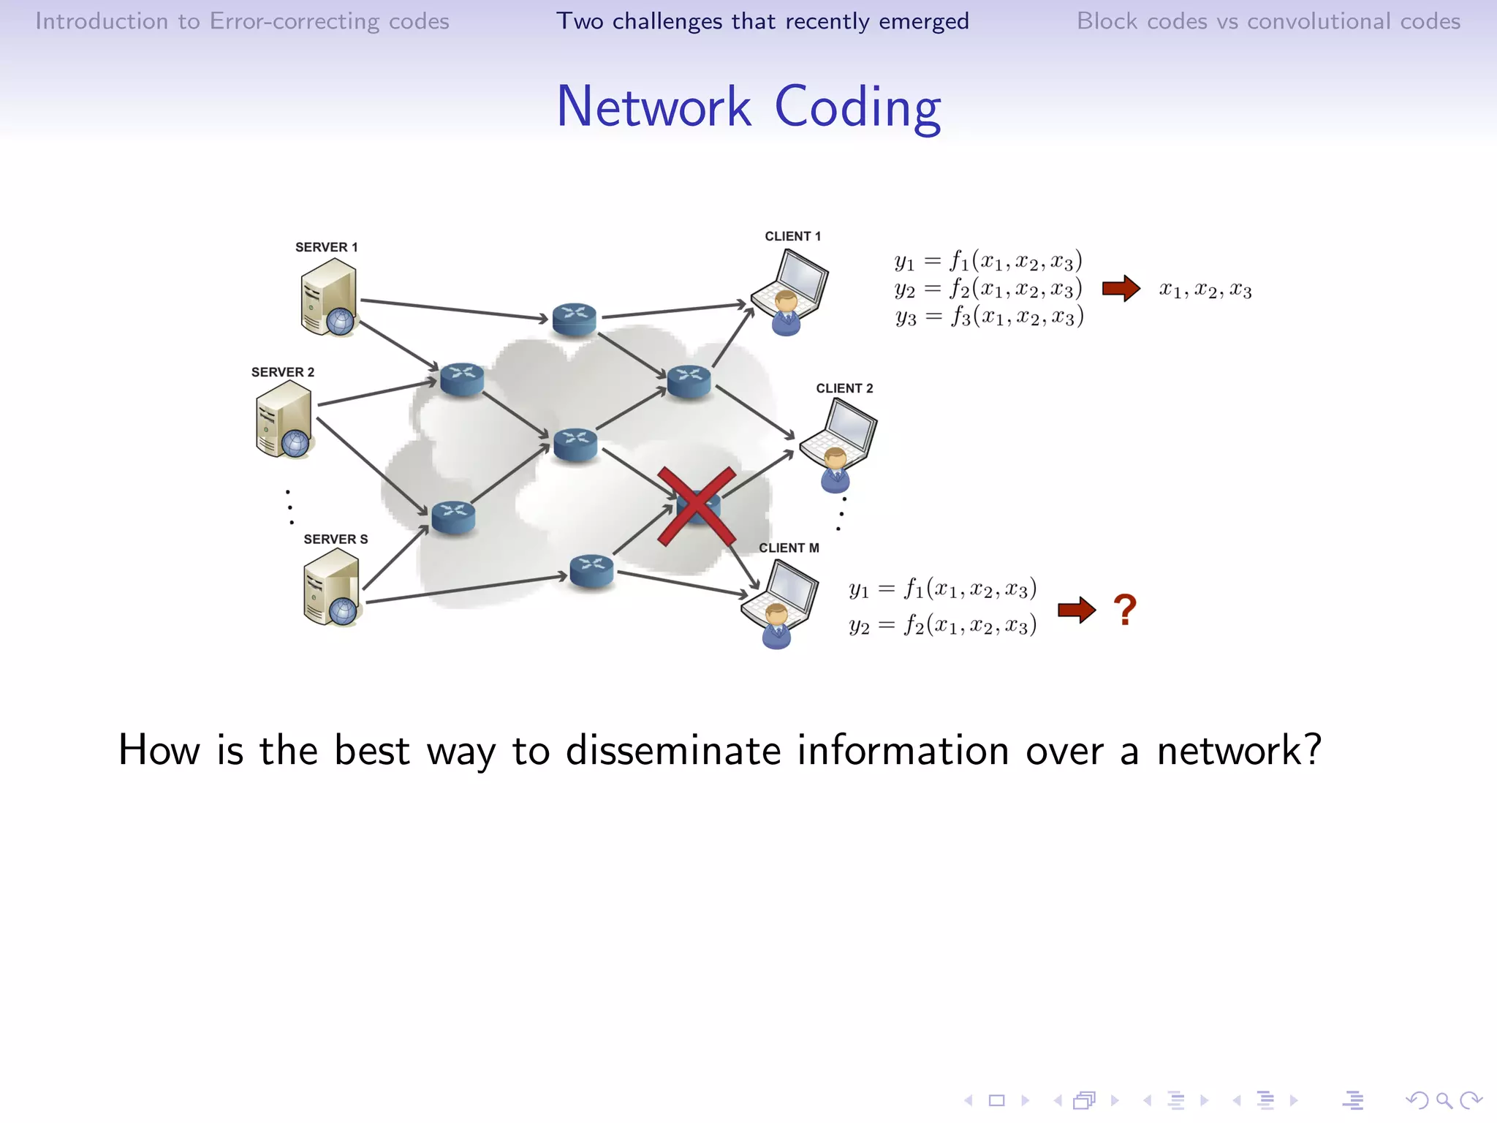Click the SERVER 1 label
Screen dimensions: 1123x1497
326,247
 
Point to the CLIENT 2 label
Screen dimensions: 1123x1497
844,388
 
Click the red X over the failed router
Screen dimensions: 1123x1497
696,507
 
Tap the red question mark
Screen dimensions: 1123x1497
1124,610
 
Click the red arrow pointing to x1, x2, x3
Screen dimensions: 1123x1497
1121,289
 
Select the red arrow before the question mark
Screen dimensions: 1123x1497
1076,610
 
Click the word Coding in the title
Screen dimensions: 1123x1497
857,107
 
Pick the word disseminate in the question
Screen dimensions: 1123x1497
672,751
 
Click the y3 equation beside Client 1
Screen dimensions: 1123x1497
989,317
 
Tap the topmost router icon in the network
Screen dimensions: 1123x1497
575,319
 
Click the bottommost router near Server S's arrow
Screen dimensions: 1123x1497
591,571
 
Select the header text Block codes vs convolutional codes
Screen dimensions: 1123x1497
1268,21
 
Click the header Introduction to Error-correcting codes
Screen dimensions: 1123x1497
242,21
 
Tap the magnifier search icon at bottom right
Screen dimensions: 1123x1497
1444,1100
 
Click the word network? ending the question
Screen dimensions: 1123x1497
1239,751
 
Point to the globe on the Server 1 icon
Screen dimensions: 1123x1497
340,321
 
